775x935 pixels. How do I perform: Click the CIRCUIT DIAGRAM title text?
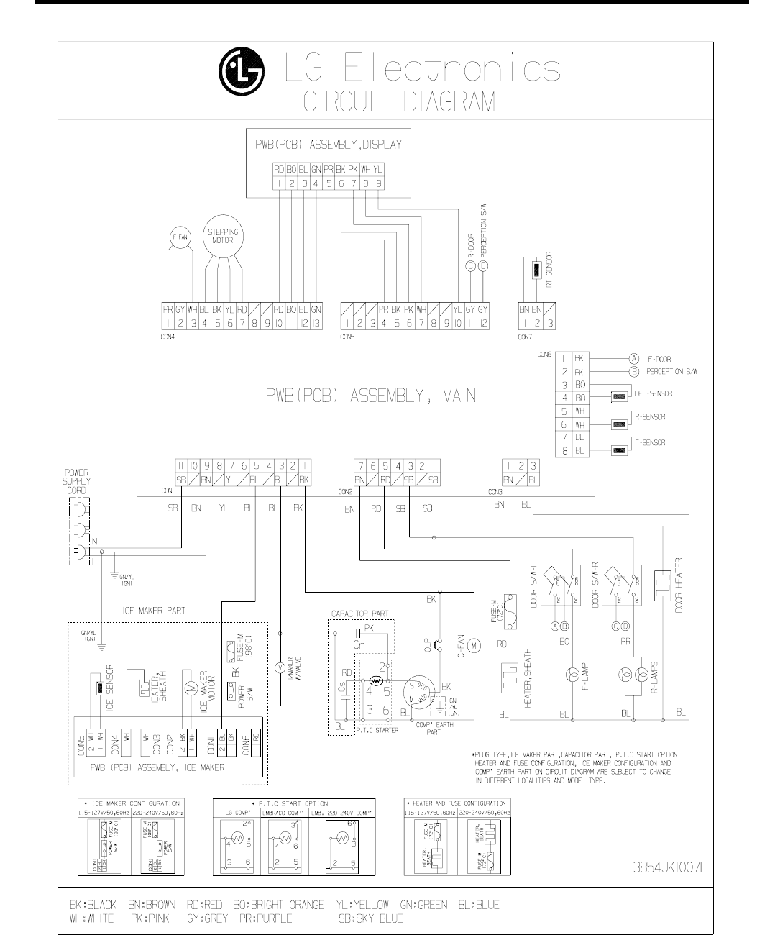[x=399, y=101]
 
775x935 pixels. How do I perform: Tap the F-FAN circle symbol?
[x=180, y=237]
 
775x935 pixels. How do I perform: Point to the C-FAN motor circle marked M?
[x=474, y=647]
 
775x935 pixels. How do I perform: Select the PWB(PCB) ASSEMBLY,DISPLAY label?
[x=329, y=144]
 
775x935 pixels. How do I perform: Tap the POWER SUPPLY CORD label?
[x=76, y=480]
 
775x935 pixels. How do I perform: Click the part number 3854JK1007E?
[x=669, y=867]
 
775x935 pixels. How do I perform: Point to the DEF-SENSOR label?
[x=652, y=393]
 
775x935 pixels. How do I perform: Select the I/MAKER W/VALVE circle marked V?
[x=280, y=667]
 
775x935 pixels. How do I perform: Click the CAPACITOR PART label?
[x=359, y=614]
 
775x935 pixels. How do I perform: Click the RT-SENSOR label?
[x=549, y=268]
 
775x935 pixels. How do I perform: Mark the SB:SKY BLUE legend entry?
[x=370, y=918]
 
